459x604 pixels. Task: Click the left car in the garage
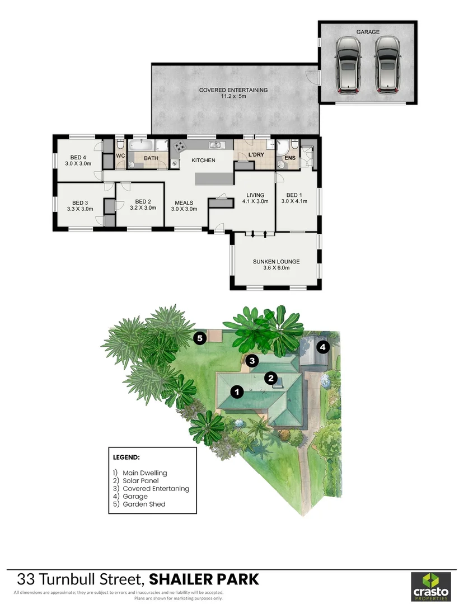point(348,65)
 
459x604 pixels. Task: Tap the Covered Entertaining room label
point(233,93)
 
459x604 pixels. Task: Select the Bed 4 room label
point(78,161)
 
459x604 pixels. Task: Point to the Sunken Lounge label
point(276,264)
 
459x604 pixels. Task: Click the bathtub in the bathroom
point(142,145)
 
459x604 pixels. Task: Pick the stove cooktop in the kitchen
point(179,146)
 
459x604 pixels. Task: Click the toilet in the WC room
point(120,145)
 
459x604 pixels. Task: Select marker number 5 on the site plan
point(200,338)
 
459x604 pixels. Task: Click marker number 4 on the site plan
point(322,347)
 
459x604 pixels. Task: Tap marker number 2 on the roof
point(271,378)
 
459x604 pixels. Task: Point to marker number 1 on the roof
point(237,392)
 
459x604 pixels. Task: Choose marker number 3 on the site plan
point(252,361)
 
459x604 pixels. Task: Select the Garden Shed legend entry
point(139,504)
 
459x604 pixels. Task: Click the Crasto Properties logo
point(430,586)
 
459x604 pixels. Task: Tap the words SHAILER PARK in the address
point(204,579)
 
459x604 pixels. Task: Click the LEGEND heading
point(126,457)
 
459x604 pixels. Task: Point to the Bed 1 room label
point(294,198)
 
